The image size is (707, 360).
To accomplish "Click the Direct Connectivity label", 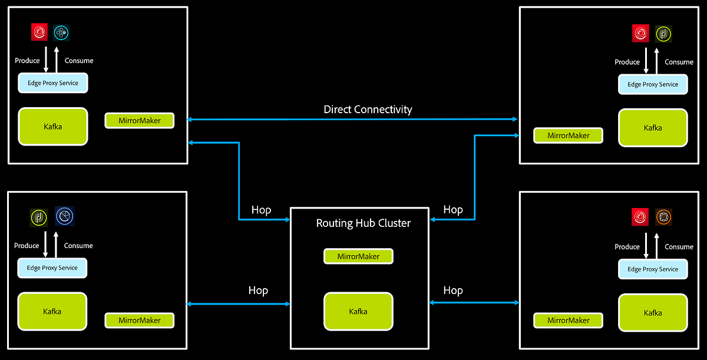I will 368,110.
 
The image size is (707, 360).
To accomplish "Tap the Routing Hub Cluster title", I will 363,223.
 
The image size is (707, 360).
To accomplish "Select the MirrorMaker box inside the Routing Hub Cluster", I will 358,257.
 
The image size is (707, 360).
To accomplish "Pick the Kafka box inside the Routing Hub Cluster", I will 358,311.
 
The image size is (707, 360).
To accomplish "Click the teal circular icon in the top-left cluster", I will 61,32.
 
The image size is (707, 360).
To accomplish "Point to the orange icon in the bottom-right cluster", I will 663,217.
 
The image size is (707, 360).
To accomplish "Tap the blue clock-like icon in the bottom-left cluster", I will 65,217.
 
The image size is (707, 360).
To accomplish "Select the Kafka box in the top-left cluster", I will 53,126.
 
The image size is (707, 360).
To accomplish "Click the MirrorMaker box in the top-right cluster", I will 569,136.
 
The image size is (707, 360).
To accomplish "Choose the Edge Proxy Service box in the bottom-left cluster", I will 52,268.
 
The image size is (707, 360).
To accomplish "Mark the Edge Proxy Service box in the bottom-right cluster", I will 653,269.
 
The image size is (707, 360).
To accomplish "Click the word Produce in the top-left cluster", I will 27,61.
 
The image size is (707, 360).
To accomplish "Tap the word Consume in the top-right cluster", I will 679,62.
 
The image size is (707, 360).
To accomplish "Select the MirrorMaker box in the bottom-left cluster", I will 140,321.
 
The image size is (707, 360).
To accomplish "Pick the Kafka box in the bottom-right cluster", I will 653,313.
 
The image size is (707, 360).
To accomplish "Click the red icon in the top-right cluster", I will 640,34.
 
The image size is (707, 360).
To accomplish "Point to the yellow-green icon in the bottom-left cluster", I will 39,217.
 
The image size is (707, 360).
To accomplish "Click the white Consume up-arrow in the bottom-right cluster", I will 658,245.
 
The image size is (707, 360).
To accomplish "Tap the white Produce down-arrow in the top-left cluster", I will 46,61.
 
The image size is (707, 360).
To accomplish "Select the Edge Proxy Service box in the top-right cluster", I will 653,84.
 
